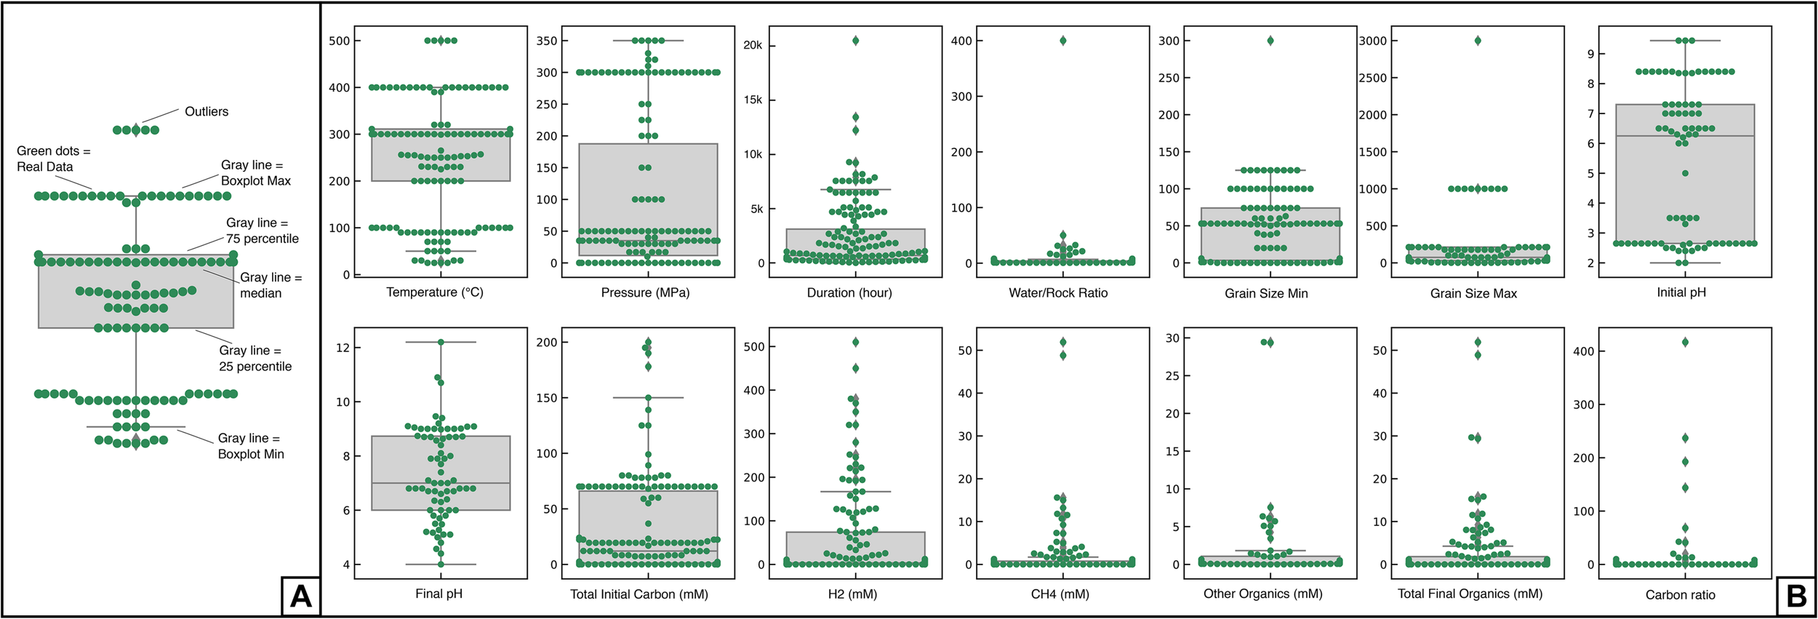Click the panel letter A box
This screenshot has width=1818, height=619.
[x=300, y=596]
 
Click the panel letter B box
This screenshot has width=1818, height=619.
[x=1795, y=596]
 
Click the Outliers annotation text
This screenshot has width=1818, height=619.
[x=207, y=111]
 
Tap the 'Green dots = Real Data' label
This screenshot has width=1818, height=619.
[x=53, y=159]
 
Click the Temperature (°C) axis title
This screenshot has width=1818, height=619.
[x=434, y=292]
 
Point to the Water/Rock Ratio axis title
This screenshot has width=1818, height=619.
[x=1058, y=293]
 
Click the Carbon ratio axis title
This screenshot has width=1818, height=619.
[x=1680, y=595]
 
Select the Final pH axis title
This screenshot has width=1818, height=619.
[x=439, y=594]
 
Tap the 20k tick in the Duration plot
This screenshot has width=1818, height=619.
[x=752, y=45]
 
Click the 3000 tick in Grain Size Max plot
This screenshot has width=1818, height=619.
[x=1373, y=41]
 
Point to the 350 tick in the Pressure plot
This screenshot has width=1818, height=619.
[x=547, y=41]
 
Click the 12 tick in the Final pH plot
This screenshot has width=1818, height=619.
[x=343, y=348]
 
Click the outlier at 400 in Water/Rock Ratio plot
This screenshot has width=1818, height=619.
[x=1062, y=41]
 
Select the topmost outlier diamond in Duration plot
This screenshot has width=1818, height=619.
[x=855, y=41]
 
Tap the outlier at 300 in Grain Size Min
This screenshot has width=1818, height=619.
[x=1270, y=41]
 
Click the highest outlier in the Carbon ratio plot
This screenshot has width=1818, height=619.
[x=1685, y=342]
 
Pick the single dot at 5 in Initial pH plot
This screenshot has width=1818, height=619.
[x=1685, y=173]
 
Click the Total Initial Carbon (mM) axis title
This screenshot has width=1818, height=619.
[x=638, y=594]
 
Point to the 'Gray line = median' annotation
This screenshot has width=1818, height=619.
[x=271, y=285]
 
